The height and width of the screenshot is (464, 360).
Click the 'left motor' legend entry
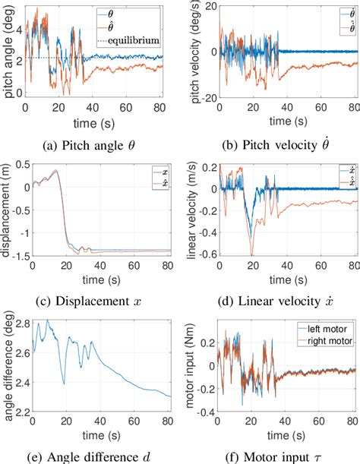click(x=326, y=328)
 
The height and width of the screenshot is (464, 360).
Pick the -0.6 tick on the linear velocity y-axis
click(x=199, y=254)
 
